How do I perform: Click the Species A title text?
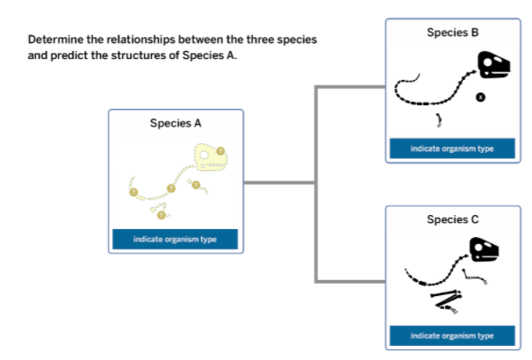[x=176, y=123]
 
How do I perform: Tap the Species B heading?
[x=452, y=32]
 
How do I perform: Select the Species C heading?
[x=452, y=219]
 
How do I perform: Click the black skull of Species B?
[x=493, y=66]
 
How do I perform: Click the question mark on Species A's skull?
[x=220, y=150]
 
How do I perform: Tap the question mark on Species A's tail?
[x=133, y=191]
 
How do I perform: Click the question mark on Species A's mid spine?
[x=172, y=190]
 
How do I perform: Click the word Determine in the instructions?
[x=56, y=40]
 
